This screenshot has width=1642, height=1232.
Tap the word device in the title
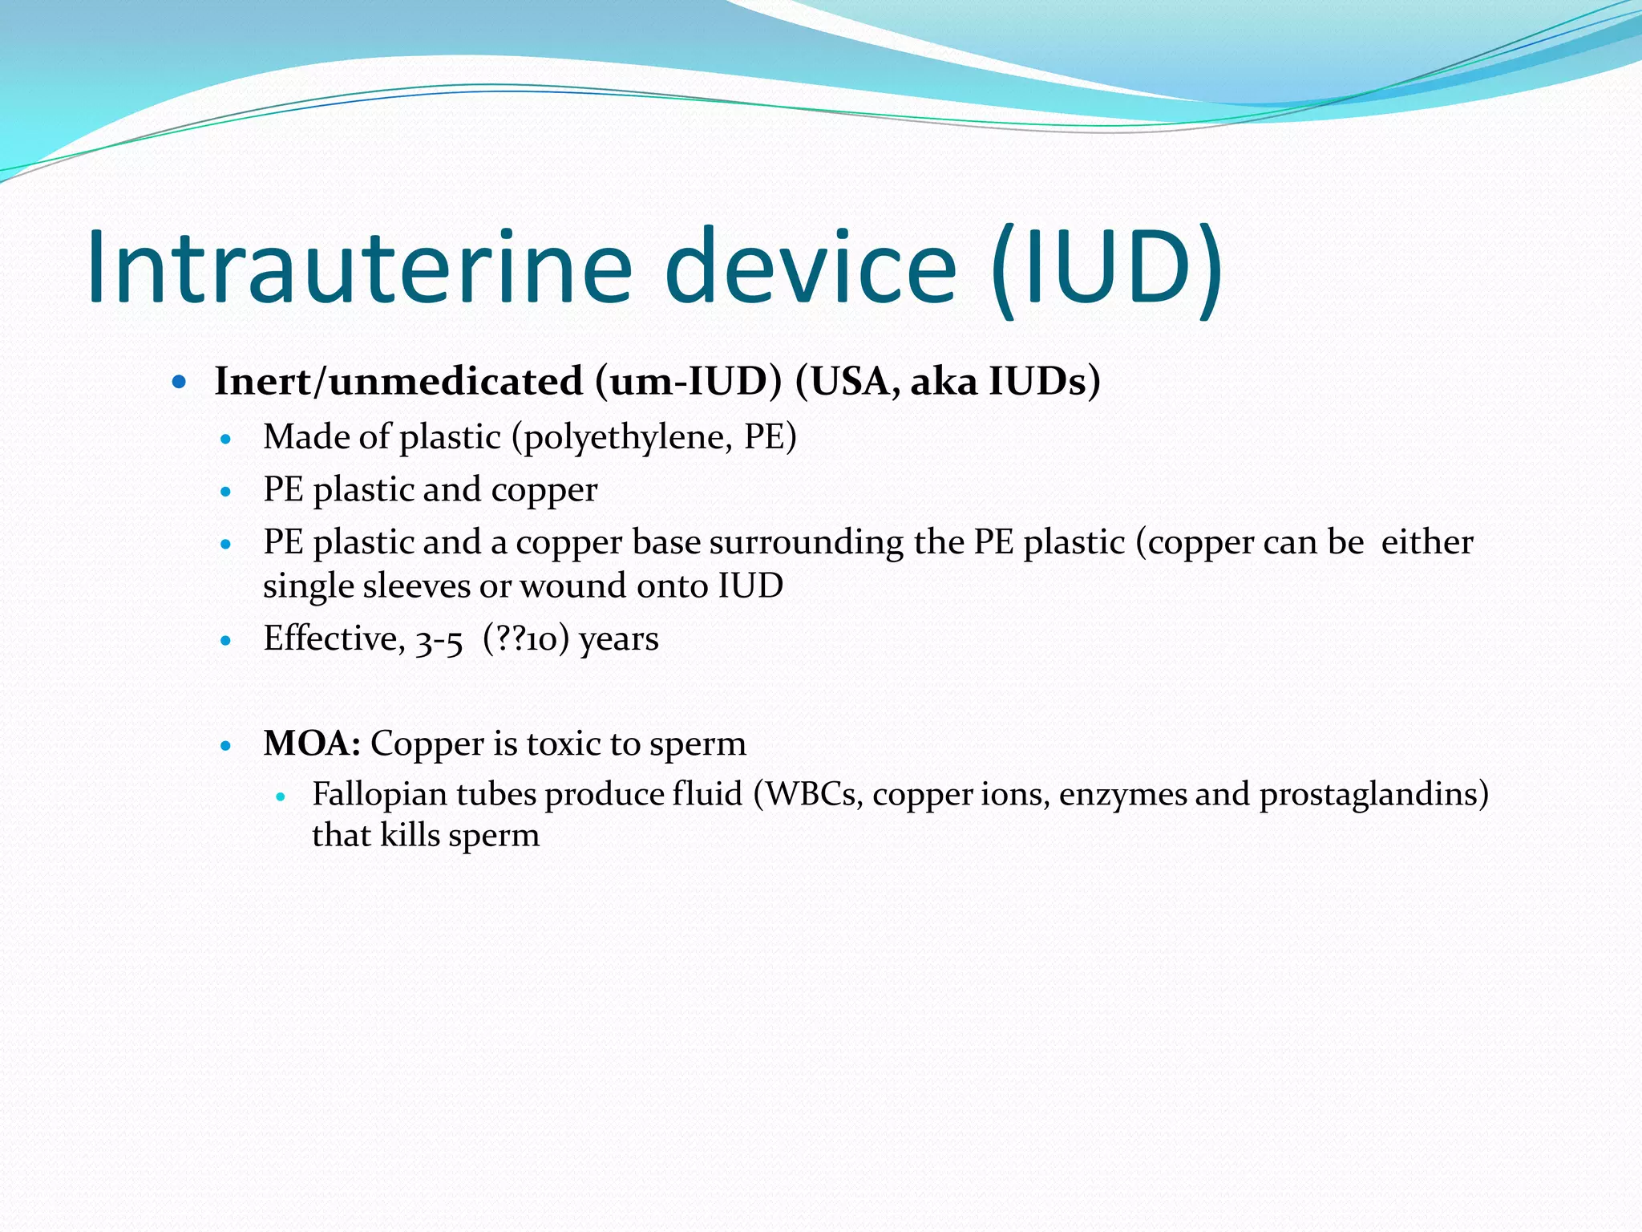[811, 266]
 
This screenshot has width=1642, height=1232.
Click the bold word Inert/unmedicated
[398, 381]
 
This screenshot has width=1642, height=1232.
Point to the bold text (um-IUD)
[688, 381]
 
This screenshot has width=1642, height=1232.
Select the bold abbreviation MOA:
[312, 744]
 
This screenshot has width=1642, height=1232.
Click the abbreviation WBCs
[810, 794]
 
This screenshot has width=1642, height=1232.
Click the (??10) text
[526, 639]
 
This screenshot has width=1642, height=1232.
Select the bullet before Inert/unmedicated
[180, 382]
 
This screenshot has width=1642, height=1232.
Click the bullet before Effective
[226, 641]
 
